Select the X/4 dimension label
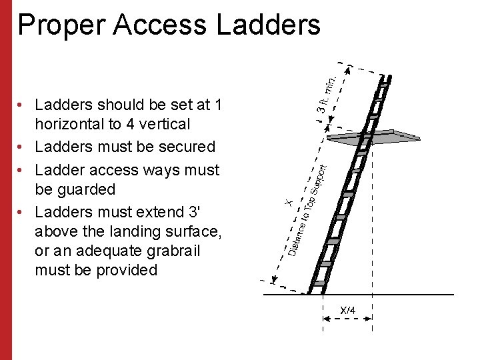[348, 311]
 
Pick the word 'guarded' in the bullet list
[75, 189]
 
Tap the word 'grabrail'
[169, 251]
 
